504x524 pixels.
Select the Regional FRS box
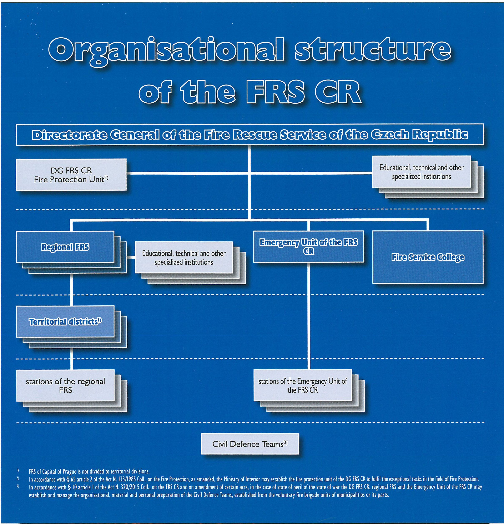click(x=65, y=247)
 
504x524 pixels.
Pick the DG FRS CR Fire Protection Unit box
click(x=71, y=175)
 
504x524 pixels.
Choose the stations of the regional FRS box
click(x=65, y=385)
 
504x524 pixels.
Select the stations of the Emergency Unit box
click(x=302, y=385)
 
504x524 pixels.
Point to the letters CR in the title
click(x=338, y=92)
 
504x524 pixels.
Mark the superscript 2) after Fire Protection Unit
click(x=106, y=178)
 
